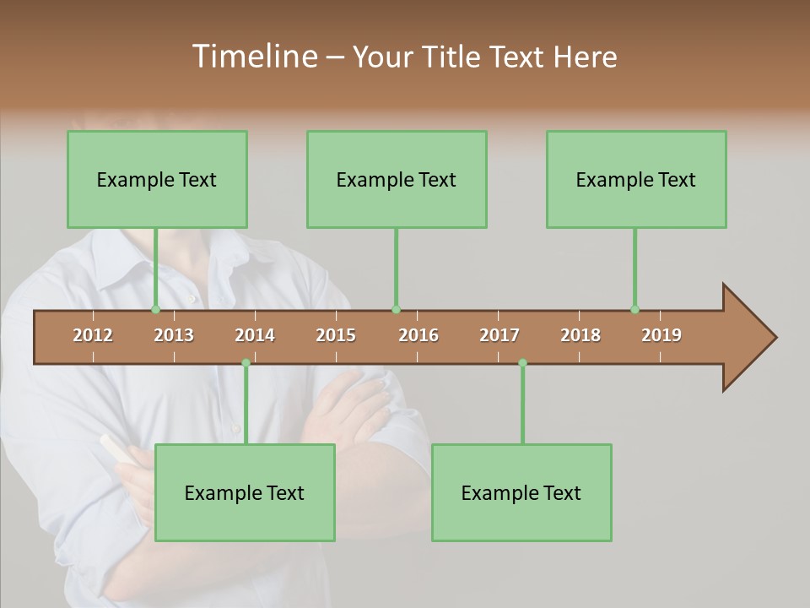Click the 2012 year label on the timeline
[93, 335]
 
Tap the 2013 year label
[174, 335]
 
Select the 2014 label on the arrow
[255, 335]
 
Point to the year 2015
[336, 335]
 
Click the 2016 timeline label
[418, 335]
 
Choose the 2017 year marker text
[499, 335]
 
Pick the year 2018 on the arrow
[580, 335]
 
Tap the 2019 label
[661, 335]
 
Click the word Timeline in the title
[253, 57]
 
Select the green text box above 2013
[157, 179]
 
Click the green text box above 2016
[397, 179]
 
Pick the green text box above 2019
[636, 179]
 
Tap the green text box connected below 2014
[245, 492]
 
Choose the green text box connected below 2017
[521, 492]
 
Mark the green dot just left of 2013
[155, 310]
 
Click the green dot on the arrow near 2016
[396, 310]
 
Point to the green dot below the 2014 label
[246, 363]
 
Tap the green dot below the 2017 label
[522, 363]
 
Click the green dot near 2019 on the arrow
[634, 310]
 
